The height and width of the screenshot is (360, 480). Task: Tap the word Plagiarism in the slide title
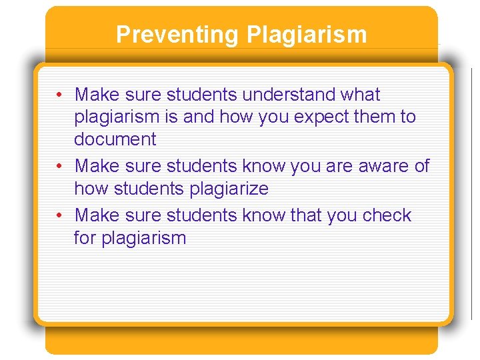pyautogui.click(x=306, y=34)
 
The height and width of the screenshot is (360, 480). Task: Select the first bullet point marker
pyautogui.click(x=60, y=95)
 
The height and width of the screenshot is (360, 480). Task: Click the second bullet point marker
pyautogui.click(x=60, y=166)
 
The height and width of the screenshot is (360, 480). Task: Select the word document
pyautogui.click(x=115, y=140)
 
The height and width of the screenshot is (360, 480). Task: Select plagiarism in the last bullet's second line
pyautogui.click(x=143, y=239)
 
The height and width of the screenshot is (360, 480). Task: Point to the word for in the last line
pyautogui.click(x=85, y=239)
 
